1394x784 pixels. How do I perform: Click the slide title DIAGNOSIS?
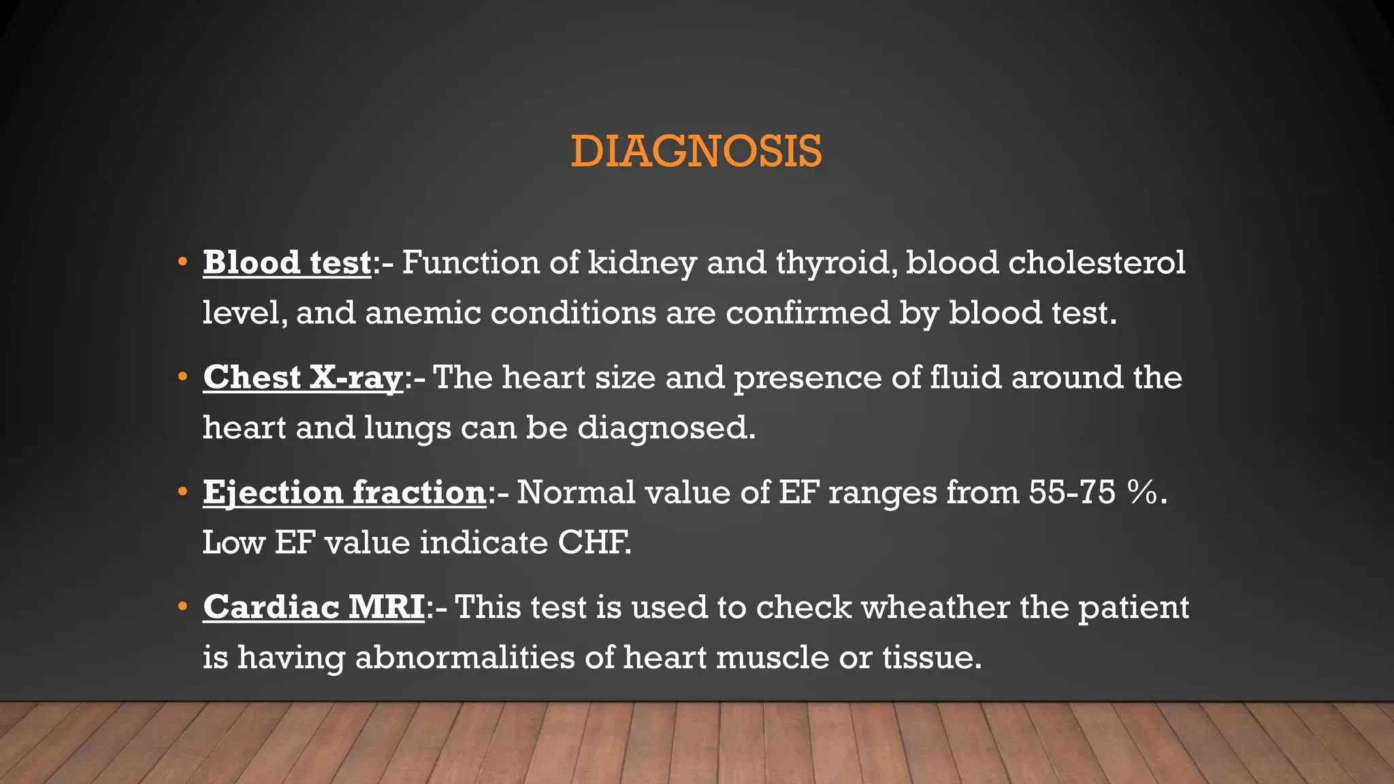point(696,151)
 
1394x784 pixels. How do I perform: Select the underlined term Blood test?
point(287,263)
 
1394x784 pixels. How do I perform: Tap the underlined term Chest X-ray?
point(303,378)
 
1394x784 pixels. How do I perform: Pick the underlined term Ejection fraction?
point(344,493)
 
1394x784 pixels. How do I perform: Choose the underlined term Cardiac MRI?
point(314,608)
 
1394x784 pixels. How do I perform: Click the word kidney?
point(642,263)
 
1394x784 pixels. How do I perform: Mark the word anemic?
point(423,313)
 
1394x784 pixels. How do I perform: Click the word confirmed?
point(807,313)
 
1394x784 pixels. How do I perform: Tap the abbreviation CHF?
point(594,543)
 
